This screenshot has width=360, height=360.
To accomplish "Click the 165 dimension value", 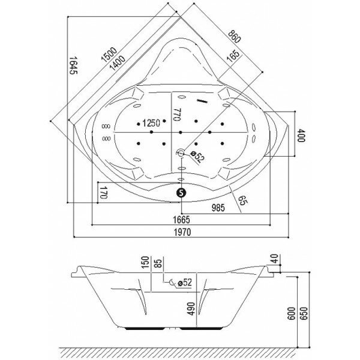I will tap(233, 57).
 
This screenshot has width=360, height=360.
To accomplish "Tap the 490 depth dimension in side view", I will tap(190, 307).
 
